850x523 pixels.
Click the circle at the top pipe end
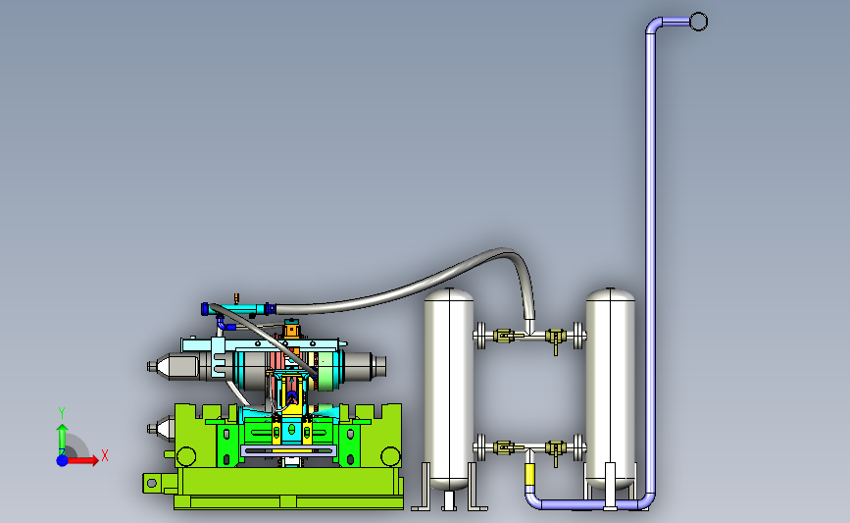[698, 22]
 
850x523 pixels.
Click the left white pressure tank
[449, 389]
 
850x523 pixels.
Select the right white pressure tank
[611, 389]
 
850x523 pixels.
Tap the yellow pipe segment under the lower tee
[529, 475]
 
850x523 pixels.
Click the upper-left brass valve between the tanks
[504, 336]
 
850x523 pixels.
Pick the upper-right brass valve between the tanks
[555, 338]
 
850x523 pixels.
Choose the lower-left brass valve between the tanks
[504, 447]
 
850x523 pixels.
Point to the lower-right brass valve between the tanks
[555, 449]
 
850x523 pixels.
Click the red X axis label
[105, 455]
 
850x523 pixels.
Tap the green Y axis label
[62, 413]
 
